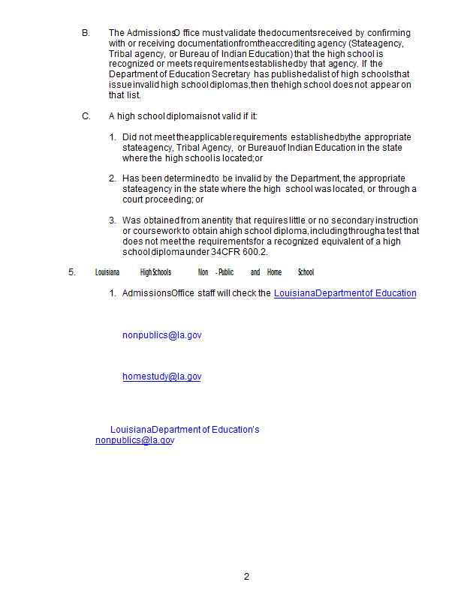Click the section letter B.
(x=86, y=33)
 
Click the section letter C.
(x=86, y=116)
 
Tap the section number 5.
(x=72, y=272)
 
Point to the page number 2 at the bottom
(x=246, y=577)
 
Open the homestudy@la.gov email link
(x=161, y=376)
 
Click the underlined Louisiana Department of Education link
(x=345, y=293)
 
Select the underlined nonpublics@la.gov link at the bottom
(x=134, y=440)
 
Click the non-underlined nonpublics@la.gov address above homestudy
(x=161, y=335)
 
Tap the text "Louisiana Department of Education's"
(x=185, y=430)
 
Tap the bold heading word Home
(x=274, y=272)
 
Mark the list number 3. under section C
(x=113, y=220)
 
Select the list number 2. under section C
(x=113, y=178)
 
